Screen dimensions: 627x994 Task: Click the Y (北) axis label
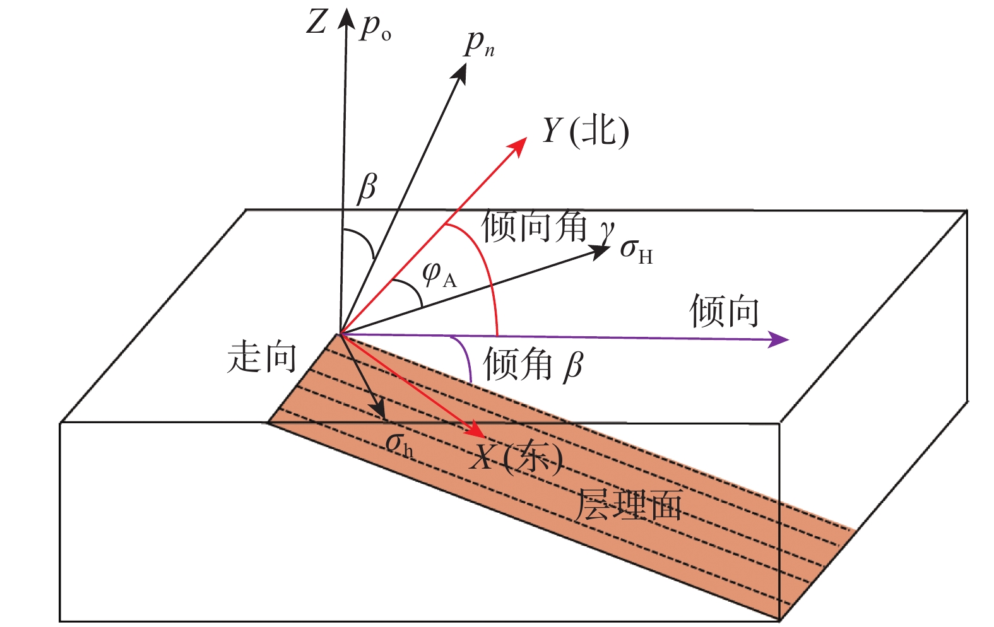coord(585,131)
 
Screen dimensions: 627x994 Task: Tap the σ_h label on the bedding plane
coord(399,444)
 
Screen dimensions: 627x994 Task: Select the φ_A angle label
coord(439,274)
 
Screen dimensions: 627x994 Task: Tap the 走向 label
coord(261,356)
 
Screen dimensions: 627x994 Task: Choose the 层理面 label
coord(629,505)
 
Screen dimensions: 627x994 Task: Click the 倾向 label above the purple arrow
coord(724,310)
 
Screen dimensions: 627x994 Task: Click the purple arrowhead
coord(780,340)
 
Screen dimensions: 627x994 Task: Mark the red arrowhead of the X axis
coord(476,431)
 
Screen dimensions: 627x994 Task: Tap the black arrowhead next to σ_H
coord(600,250)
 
